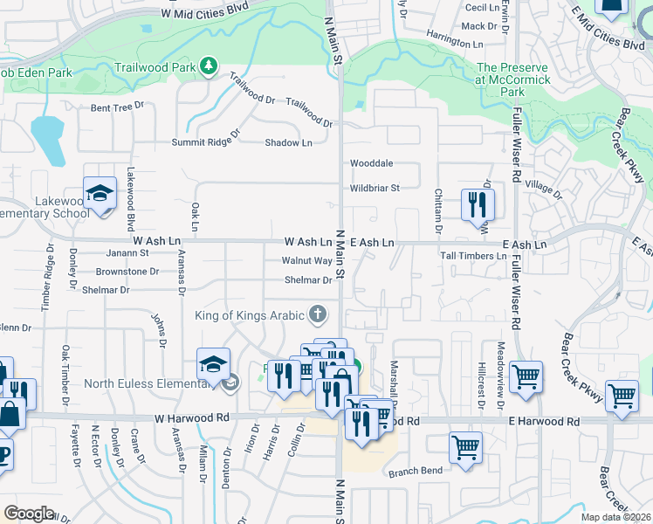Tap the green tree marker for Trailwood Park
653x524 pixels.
(x=208, y=65)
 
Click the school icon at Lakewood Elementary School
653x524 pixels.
(x=100, y=194)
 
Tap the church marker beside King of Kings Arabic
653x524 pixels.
(x=319, y=314)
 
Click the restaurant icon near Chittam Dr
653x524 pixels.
(x=477, y=203)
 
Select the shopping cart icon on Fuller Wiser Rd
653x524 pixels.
(x=526, y=378)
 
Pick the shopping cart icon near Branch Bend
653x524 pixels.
(x=465, y=447)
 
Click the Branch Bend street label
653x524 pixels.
(x=415, y=471)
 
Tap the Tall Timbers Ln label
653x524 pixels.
(x=473, y=256)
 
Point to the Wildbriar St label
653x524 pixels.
(x=375, y=188)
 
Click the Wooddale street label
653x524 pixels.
(x=371, y=163)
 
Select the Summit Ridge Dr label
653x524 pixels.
(x=205, y=139)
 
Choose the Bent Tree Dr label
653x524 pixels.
(x=117, y=107)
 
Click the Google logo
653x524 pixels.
(x=28, y=514)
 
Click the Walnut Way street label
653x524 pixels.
(x=306, y=261)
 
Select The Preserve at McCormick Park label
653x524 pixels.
(x=512, y=79)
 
